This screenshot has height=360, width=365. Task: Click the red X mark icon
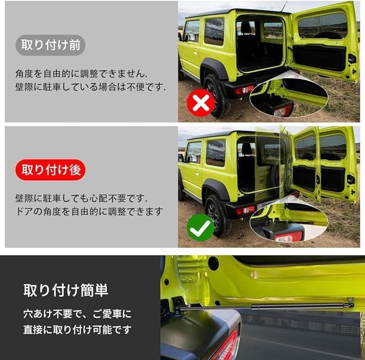pos(201,103)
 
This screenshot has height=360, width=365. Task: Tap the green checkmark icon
pos(200,227)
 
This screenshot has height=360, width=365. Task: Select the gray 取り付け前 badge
pos(50,45)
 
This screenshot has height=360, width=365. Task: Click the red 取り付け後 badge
pos(51,170)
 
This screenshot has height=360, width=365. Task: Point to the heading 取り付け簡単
pos(65,290)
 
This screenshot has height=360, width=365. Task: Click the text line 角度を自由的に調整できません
pos(81,74)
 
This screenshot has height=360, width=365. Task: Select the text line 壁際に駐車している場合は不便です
pos(91,87)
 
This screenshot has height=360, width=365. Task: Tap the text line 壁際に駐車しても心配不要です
pos(81,198)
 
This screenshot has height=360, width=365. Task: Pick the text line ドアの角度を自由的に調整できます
pos(89,212)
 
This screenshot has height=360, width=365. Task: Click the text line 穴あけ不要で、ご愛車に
pos(77,314)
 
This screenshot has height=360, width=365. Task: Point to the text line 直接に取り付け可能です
pos(77,330)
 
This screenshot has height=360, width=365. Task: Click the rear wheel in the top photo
pos(216,95)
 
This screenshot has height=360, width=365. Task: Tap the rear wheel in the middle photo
pos(217,215)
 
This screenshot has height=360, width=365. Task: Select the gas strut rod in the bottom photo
pos(265,306)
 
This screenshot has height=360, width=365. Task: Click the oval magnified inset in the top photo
pos(289,97)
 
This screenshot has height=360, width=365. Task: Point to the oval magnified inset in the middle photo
pos(289,222)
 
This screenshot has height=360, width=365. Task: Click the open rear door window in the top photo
pos(322,25)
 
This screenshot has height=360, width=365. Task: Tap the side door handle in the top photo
pos(196,52)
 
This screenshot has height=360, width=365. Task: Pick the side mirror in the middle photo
pos(180,157)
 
